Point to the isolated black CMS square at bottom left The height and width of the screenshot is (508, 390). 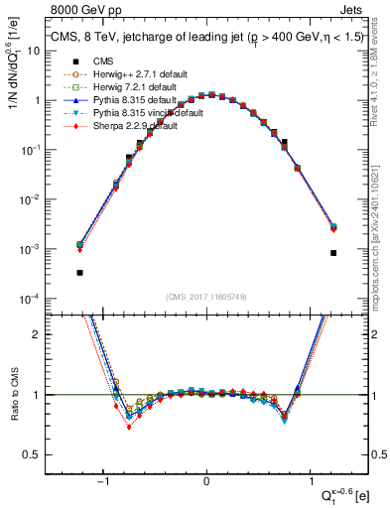coord(79,272)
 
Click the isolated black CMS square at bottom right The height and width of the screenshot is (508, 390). coord(333,253)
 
